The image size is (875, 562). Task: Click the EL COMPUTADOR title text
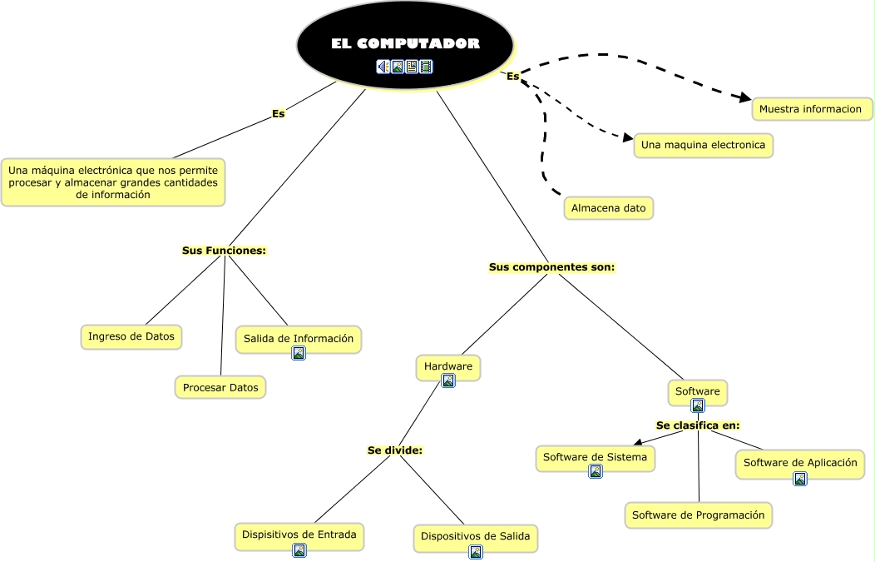pos(405,43)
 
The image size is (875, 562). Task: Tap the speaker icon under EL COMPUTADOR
pos(383,67)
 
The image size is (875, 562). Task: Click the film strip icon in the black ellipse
pos(426,67)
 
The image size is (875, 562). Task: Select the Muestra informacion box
pos(811,109)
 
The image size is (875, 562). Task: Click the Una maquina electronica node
pos(703,145)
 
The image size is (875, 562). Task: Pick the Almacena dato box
pos(608,207)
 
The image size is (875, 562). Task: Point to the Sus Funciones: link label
pos(224,250)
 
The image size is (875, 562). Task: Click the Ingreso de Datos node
pos(131,336)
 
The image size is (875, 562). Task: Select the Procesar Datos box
pos(220,387)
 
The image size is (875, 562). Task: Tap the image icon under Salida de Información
pos(299,353)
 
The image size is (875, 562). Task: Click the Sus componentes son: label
pos(551,267)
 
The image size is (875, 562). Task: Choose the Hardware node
pos(447,366)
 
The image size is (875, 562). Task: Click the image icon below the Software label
pos(698,405)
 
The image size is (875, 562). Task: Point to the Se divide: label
pos(395,450)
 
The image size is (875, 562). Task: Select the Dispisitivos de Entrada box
pos(299,535)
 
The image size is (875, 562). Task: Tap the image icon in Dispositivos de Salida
pos(476,551)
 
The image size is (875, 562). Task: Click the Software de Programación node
pos(698,515)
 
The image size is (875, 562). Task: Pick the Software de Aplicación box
pos(799,463)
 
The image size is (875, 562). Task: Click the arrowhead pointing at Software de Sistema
pos(637,443)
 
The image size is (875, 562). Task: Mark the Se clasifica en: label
pos(698,425)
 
